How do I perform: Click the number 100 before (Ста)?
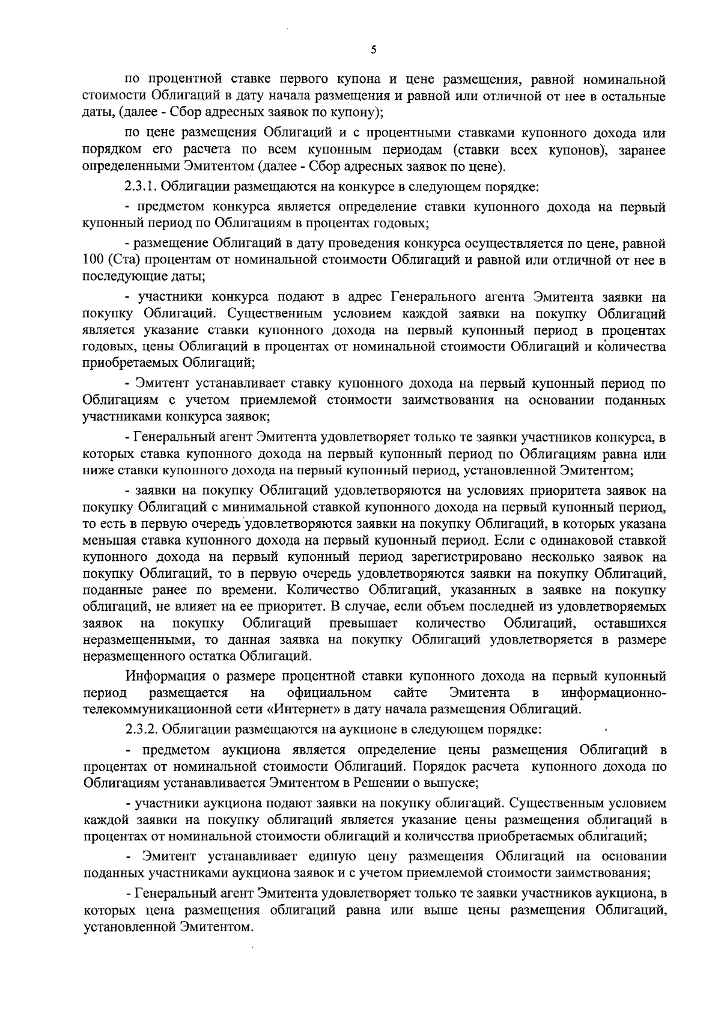pos(92,260)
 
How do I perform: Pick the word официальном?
pos(329,693)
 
